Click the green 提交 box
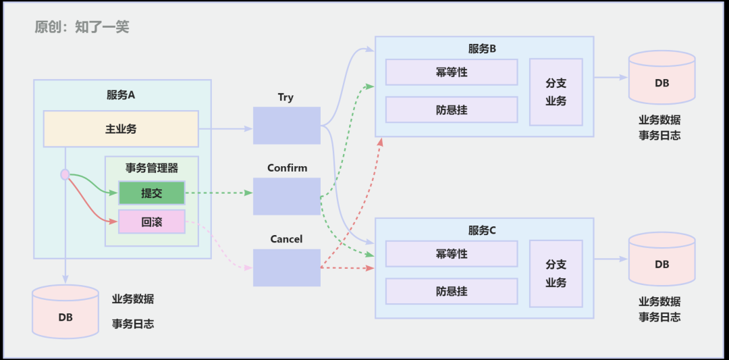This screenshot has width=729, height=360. click(x=152, y=192)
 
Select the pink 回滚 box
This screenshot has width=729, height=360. click(x=152, y=222)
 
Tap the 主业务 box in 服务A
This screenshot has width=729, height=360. click(x=121, y=128)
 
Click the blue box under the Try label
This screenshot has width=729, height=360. click(x=286, y=126)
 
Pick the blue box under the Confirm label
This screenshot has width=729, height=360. click(x=286, y=197)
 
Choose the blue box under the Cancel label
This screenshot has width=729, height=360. click(x=286, y=267)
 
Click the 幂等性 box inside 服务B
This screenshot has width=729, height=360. click(x=452, y=72)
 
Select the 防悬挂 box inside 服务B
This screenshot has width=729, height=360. click(x=452, y=109)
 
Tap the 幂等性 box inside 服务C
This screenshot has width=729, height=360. click(x=452, y=254)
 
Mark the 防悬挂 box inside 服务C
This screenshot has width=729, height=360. click(x=452, y=291)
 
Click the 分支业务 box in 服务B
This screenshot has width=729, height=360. click(x=556, y=92)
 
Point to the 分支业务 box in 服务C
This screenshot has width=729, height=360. click(x=556, y=274)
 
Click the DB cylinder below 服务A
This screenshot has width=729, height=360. click(x=65, y=312)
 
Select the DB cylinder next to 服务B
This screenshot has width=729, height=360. click(x=661, y=77)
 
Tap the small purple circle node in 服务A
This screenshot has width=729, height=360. click(x=65, y=174)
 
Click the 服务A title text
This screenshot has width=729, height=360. click(x=121, y=95)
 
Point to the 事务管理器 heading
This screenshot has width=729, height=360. click(x=152, y=168)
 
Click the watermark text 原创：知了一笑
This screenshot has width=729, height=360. click(x=82, y=27)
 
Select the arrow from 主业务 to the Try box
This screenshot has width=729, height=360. click(x=225, y=128)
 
